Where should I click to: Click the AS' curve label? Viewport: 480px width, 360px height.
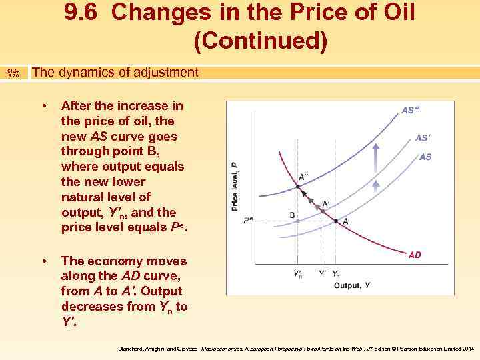[422, 138]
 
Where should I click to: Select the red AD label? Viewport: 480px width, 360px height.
[414, 255]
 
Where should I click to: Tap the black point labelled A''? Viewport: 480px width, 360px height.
[297, 187]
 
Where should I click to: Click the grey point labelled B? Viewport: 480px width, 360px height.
[297, 221]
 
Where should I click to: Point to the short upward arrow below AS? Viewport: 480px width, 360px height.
[376, 187]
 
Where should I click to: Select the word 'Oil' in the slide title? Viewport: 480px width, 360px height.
[393, 13]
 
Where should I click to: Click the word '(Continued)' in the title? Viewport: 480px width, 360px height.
[261, 41]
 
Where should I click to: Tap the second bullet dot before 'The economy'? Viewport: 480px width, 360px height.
[43, 261]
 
